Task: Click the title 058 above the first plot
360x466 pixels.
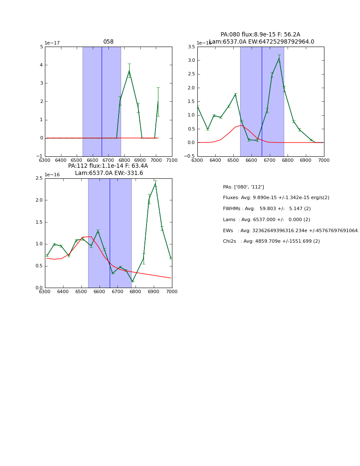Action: [108, 42]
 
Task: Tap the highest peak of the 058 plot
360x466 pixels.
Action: [129, 70]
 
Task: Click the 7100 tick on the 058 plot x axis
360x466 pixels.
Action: [172, 161]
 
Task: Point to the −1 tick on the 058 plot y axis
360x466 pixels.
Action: [41, 156]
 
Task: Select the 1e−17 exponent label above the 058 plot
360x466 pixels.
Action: [52, 43]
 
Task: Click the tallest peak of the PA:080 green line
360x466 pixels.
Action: [279, 58]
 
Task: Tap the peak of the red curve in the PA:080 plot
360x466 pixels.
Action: [241, 125]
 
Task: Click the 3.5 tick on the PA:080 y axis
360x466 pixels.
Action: [191, 47]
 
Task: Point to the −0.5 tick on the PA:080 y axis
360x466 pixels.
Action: [191, 156]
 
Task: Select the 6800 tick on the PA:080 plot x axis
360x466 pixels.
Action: [288, 161]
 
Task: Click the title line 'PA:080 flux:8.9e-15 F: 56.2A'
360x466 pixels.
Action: [260, 35]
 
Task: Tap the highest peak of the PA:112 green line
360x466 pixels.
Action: [155, 183]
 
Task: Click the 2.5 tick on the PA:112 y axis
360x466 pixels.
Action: [39, 178]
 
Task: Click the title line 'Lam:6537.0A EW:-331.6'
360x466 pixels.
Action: [109, 173]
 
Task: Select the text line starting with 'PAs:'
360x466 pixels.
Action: [243, 187]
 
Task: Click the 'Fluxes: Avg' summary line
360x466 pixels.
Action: [276, 198]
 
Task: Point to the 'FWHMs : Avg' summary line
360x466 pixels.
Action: [266, 209]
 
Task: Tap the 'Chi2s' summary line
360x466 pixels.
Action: [271, 241]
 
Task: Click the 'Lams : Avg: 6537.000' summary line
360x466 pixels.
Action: [266, 220]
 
